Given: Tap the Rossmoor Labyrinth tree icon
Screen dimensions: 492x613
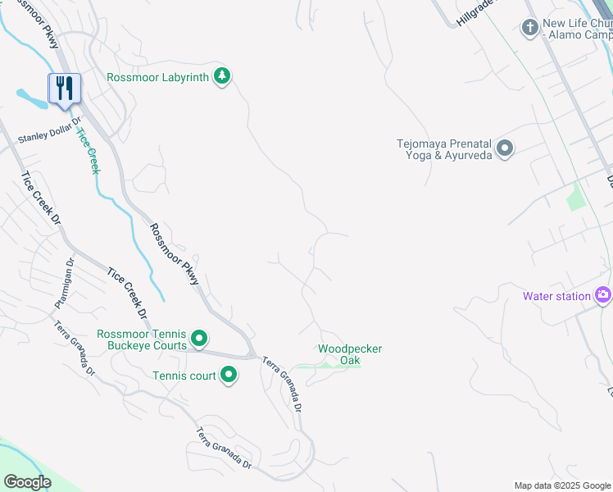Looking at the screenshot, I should (x=221, y=76).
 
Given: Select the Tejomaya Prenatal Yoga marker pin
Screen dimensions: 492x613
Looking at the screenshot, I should (x=505, y=148).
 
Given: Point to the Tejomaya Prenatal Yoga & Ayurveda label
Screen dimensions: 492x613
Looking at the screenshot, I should (x=443, y=148).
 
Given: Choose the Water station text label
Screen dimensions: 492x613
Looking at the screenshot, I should (x=557, y=296).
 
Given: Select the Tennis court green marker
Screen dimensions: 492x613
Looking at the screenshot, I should (x=228, y=376).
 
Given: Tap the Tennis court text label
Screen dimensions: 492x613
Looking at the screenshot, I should (x=184, y=376).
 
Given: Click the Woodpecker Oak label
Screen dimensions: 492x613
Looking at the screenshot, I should (x=350, y=354).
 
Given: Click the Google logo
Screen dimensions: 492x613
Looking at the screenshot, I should (x=28, y=482).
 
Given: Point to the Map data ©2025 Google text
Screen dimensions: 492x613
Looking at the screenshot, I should (x=562, y=485).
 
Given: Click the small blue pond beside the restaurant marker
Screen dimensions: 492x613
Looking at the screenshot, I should (x=34, y=100).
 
